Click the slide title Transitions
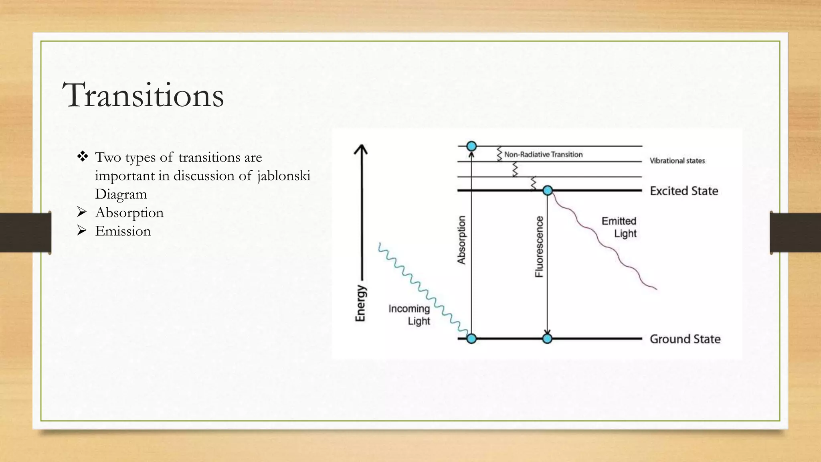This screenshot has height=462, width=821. (143, 95)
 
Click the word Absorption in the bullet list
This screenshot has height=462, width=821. (129, 213)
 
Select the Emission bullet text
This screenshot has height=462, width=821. (123, 231)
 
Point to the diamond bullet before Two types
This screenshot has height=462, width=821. (83, 156)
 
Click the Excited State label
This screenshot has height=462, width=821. (683, 191)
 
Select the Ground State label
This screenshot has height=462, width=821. (685, 339)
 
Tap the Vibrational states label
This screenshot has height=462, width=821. (677, 161)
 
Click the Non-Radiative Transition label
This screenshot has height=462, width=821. (543, 154)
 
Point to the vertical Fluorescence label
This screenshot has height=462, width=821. (540, 247)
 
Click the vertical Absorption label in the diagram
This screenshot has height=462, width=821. (461, 240)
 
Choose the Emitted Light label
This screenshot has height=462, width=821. (619, 227)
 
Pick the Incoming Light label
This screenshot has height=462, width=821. (409, 315)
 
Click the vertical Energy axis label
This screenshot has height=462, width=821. (361, 303)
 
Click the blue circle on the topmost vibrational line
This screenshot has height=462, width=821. (471, 146)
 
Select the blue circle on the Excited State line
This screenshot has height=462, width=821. (548, 190)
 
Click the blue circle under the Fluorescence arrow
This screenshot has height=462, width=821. (547, 339)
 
